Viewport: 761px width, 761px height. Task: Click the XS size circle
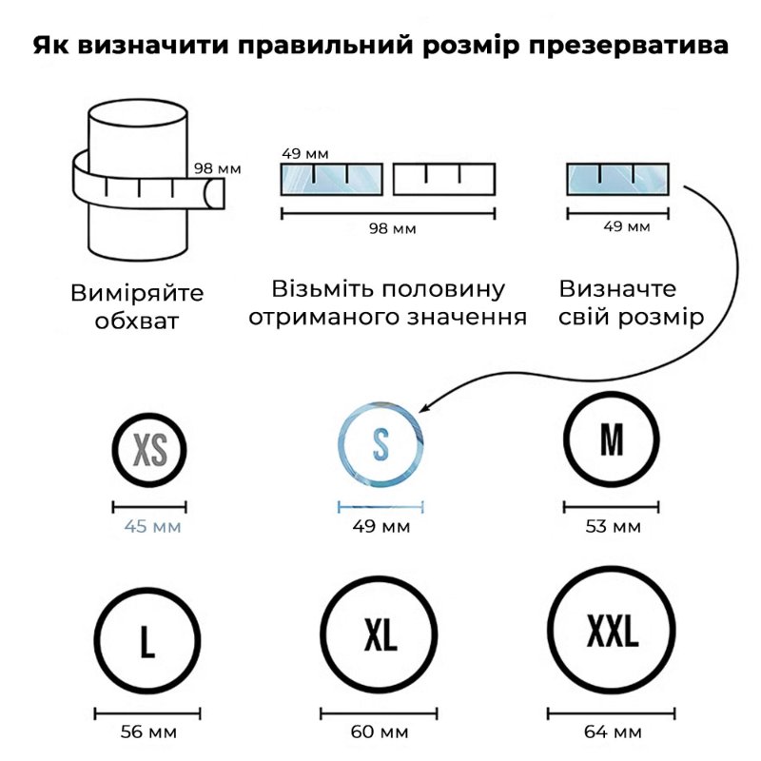pyautogui.click(x=113, y=450)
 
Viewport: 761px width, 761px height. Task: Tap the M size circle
pyautogui.click(x=566, y=439)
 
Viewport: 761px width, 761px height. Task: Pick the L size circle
pyautogui.click(x=97, y=640)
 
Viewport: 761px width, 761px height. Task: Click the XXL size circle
pyautogui.click(x=551, y=630)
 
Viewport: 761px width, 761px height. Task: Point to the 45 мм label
pyautogui.click(x=152, y=527)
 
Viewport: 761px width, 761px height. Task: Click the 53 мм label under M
pyautogui.click(x=613, y=527)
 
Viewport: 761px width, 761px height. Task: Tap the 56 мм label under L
pyautogui.click(x=148, y=732)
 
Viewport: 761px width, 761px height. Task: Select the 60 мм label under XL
pyautogui.click(x=380, y=732)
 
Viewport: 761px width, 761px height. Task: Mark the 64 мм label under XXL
pyautogui.click(x=613, y=732)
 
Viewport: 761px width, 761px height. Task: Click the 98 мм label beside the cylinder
pyautogui.click(x=218, y=168)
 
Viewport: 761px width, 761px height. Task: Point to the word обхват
pyautogui.click(x=137, y=321)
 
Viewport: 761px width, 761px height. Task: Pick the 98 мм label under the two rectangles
pyautogui.click(x=392, y=228)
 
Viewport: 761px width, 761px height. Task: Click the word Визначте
pyautogui.click(x=617, y=289)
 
